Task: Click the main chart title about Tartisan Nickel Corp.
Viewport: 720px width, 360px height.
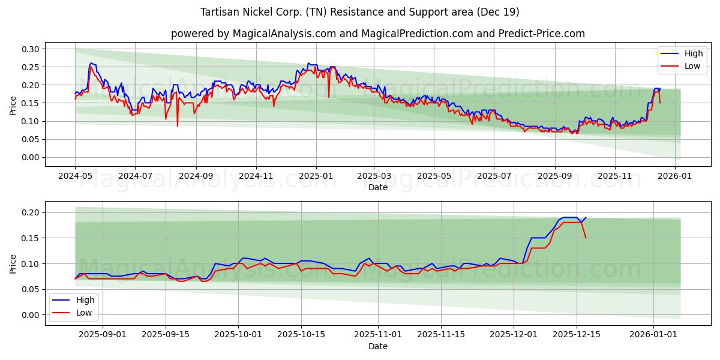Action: [360, 12]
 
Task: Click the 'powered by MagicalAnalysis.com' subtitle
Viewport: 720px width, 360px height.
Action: [378, 34]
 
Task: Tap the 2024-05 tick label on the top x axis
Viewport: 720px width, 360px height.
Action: [75, 177]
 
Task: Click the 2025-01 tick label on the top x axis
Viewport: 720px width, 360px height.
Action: [316, 177]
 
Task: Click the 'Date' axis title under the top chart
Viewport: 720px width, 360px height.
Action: [378, 187]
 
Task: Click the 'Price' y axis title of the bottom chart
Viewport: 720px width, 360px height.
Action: [13, 263]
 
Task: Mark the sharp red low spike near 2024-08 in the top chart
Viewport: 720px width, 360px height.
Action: [177, 125]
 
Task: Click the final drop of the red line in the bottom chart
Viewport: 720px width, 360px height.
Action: [586, 238]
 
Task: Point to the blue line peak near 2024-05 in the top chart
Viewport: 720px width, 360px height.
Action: [91, 63]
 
